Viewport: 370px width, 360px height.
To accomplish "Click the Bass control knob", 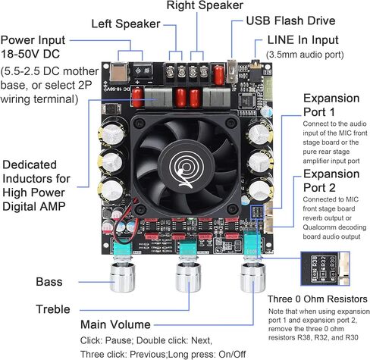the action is pos(123,277).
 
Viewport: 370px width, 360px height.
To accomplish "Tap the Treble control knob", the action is pos(189,277).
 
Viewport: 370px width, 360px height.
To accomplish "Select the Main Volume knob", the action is pos(253,277).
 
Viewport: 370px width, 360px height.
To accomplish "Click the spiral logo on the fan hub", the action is pos(186,168).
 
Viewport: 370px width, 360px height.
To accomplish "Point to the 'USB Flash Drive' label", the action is pos(290,20).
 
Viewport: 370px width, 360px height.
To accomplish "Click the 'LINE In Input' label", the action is pos(303,40).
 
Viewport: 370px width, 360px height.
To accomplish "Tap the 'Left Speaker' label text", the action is pos(126,24).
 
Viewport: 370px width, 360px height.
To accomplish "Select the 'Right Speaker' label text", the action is pos(205,5).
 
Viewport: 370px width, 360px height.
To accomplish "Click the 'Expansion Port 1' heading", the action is pos(331,105).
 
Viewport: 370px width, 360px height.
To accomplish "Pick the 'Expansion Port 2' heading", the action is pos(331,180).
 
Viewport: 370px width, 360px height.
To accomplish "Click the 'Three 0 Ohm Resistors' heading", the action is pos(318,299).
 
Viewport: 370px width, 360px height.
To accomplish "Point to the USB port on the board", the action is pos(231,71).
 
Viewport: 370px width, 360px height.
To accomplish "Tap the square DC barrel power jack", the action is pos(118,71).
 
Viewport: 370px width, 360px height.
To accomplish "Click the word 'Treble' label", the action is pos(53,309).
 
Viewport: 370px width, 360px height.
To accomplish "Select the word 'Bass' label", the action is pos(49,282).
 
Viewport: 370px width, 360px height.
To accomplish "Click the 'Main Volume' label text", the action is pos(115,324).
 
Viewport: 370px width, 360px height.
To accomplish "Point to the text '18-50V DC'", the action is pos(30,54).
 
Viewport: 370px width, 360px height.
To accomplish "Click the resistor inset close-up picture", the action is pos(325,268).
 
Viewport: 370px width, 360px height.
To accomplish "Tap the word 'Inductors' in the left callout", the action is pos(36,179).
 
